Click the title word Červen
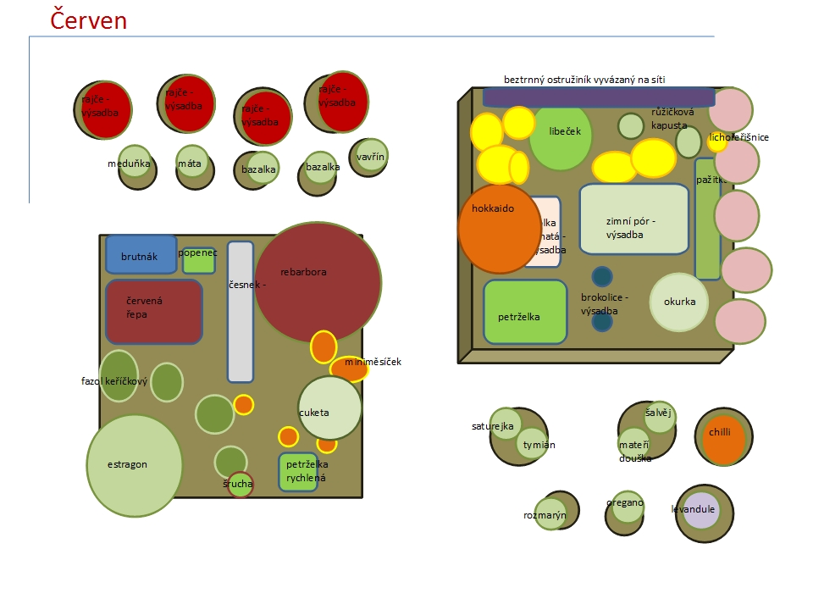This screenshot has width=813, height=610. pyautogui.click(x=88, y=19)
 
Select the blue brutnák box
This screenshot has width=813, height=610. pyautogui.click(x=141, y=254)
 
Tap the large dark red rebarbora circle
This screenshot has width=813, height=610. pyautogui.click(x=318, y=282)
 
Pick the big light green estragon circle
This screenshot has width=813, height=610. pyautogui.click(x=135, y=465)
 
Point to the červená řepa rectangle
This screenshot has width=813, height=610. pyautogui.click(x=153, y=311)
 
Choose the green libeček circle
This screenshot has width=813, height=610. pyautogui.click(x=561, y=136)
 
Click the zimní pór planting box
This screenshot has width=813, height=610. pyautogui.click(x=633, y=219)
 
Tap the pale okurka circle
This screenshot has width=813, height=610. pyautogui.click(x=678, y=302)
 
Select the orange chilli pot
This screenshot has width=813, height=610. pyautogui.click(x=723, y=440)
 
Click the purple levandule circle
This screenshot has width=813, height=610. pyautogui.click(x=700, y=510)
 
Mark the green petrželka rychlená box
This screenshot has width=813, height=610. pyautogui.click(x=298, y=472)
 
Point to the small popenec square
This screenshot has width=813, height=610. pyautogui.click(x=199, y=260)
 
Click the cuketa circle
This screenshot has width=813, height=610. pyautogui.click(x=329, y=408)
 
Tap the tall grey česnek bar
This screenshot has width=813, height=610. pyautogui.click(x=241, y=312)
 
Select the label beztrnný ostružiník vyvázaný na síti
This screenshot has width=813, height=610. pyautogui.click(x=584, y=80)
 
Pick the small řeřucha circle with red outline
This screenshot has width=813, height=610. pyautogui.click(x=241, y=485)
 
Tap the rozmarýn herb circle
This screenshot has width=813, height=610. pyautogui.click(x=550, y=513)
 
